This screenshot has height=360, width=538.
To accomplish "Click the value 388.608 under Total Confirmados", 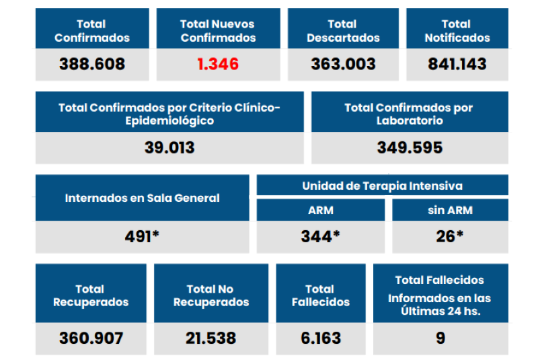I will [x=92, y=65].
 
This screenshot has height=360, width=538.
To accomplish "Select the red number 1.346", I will [x=218, y=65].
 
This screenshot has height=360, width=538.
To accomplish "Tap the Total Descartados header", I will [x=343, y=31].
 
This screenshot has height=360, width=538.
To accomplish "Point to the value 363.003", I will [x=343, y=65].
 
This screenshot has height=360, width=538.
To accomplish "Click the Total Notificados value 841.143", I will [x=457, y=65].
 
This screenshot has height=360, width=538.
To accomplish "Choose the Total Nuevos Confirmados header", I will [x=218, y=31].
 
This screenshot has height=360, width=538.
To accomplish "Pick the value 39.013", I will [x=169, y=147].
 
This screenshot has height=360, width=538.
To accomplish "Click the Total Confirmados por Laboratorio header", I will [x=409, y=114].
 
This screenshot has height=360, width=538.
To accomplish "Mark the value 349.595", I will [x=409, y=147].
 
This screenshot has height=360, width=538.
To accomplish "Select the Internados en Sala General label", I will [x=143, y=198].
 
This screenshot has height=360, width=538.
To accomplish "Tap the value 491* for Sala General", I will [x=142, y=237].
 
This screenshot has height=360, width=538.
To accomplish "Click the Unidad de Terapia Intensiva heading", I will [x=382, y=186].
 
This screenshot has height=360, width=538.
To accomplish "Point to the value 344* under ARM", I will [x=320, y=237].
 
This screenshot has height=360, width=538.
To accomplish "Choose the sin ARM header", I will [x=450, y=210].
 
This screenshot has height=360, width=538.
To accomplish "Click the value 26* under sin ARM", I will [x=450, y=237].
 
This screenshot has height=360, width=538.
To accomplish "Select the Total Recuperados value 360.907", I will [x=91, y=338].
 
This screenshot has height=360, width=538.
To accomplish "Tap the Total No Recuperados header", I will [x=211, y=295].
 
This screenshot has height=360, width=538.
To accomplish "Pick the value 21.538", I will [x=211, y=338].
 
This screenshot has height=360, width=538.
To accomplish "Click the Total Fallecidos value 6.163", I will [x=321, y=338].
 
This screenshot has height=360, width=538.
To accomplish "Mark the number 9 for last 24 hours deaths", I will [x=440, y=338].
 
